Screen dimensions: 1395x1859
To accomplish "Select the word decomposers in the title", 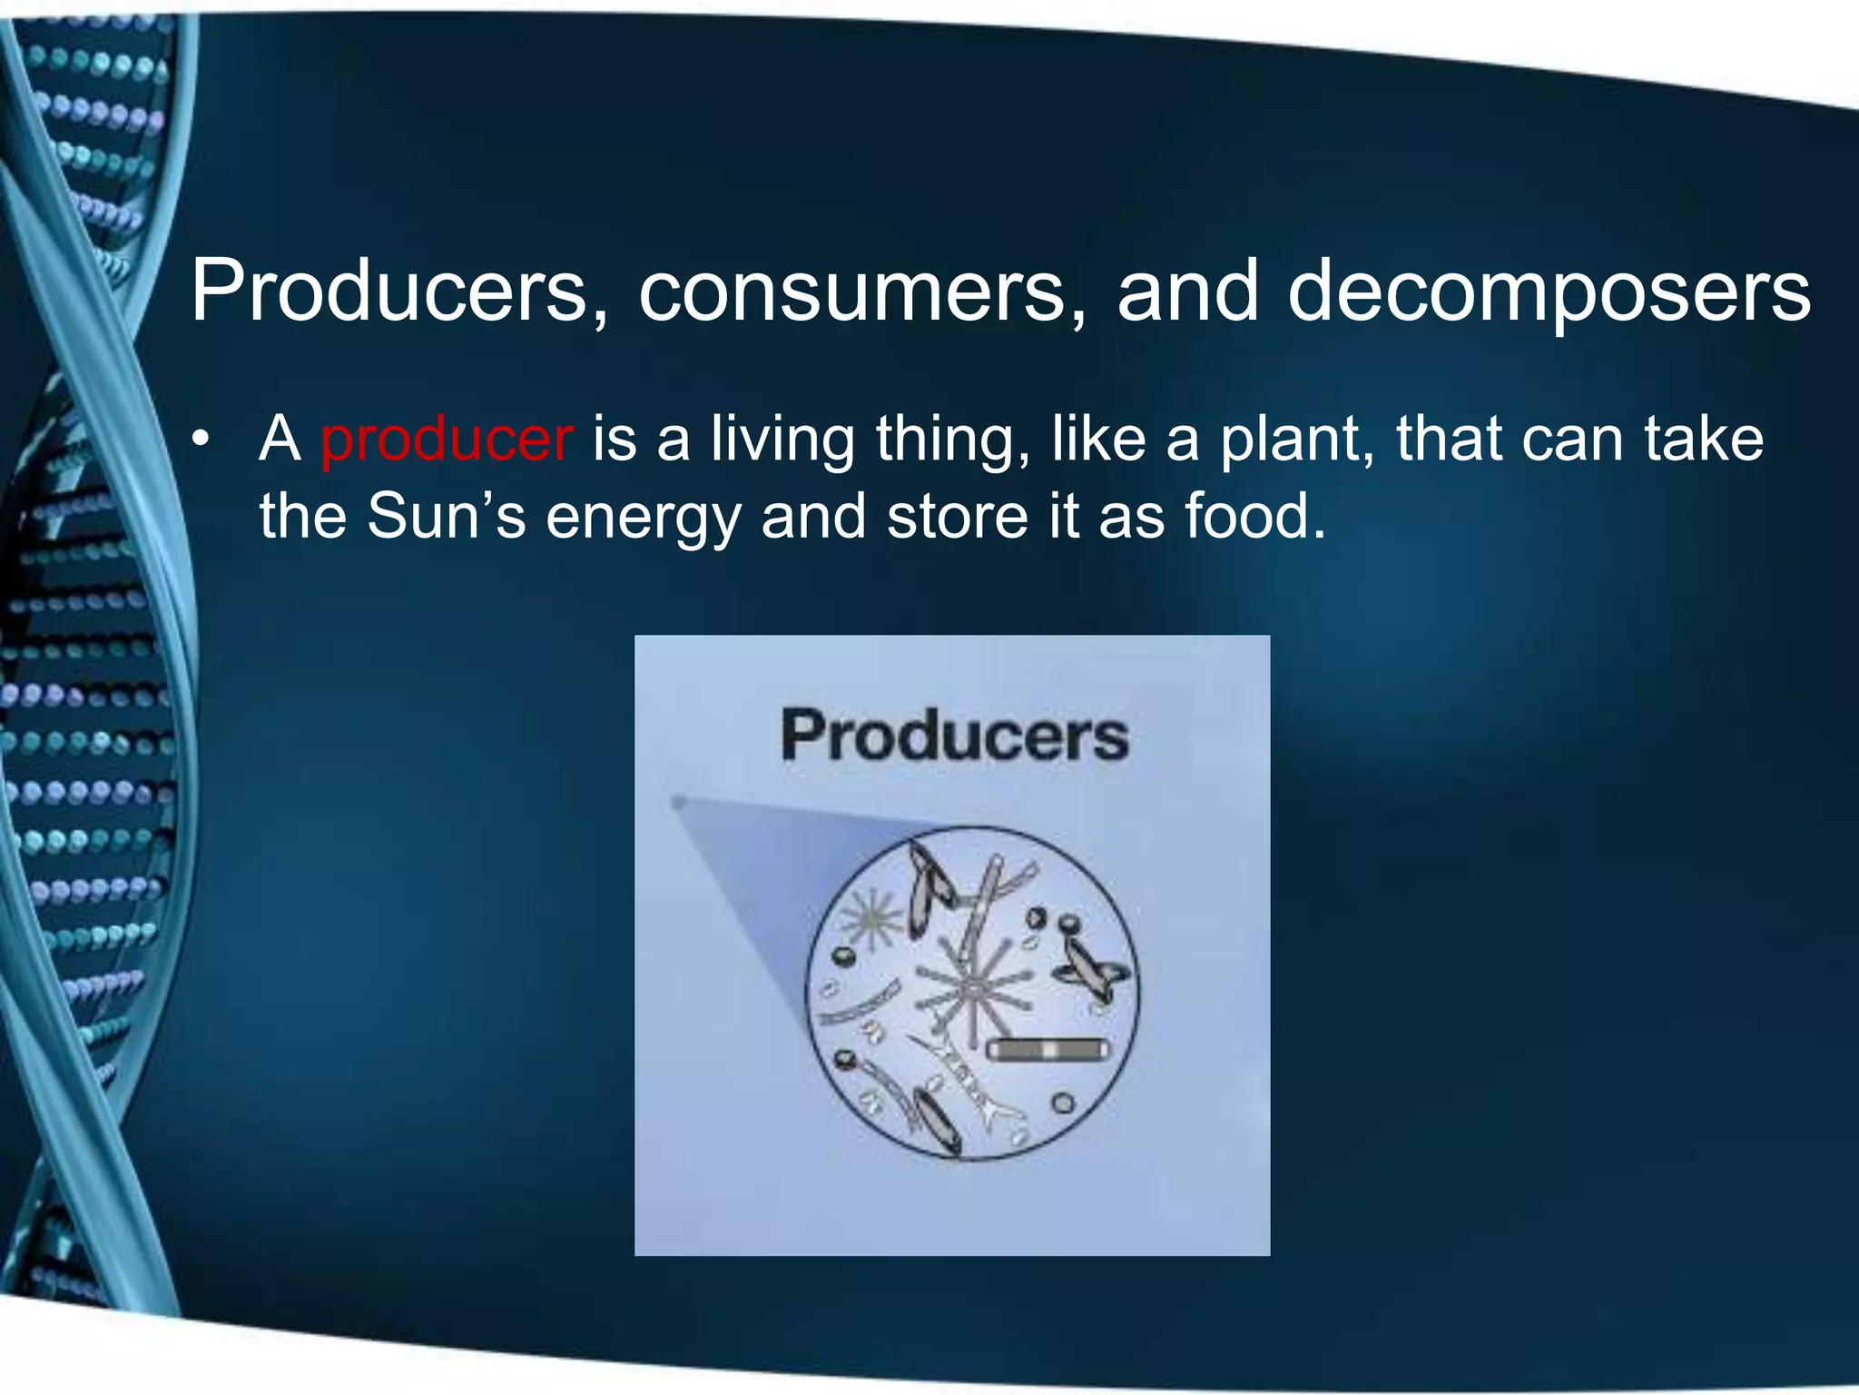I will pos(1549,292).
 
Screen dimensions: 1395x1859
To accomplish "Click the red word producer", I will pos(447,440).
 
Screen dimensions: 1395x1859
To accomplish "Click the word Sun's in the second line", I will pos(446,517).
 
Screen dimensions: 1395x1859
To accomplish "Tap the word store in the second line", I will pos(957,517).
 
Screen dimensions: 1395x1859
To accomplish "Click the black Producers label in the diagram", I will pos(954,736).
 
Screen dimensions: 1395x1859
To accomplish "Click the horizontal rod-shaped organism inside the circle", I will pos(1048,1051).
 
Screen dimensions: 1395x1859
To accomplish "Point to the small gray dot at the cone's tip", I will pos(677,802).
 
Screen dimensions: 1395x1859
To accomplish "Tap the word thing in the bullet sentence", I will pos(952,440).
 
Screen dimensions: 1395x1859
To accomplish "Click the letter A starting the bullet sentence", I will pos(280,440).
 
